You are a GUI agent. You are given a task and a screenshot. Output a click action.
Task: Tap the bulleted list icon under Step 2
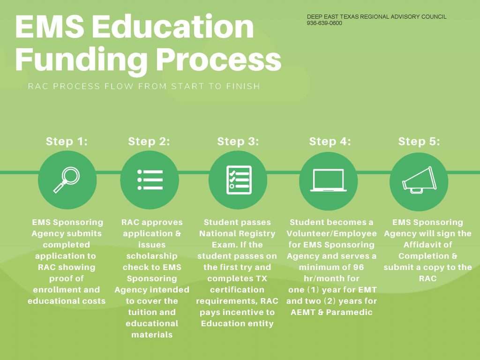tap(150, 180)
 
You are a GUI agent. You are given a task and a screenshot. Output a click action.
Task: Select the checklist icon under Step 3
tap(239, 180)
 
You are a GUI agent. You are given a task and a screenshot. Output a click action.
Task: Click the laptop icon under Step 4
tap(329, 180)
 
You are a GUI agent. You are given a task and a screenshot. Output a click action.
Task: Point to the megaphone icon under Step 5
tap(419, 180)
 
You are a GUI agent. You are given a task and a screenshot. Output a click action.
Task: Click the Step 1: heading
tap(67, 142)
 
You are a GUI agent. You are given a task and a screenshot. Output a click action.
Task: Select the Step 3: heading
tap(238, 142)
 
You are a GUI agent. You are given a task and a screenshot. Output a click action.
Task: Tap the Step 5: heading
tap(419, 142)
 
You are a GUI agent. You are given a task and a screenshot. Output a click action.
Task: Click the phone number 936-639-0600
tap(324, 23)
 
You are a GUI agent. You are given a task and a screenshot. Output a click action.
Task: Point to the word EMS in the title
tap(50, 26)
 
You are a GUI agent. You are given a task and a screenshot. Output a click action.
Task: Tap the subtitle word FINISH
tap(243, 86)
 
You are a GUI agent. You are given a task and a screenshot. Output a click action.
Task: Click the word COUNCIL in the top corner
tap(434, 17)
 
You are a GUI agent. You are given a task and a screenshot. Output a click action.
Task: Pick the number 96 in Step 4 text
tap(358, 267)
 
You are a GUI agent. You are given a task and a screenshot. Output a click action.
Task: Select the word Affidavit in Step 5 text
tap(427, 245)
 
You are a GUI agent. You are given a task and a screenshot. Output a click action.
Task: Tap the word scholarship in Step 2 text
tap(152, 256)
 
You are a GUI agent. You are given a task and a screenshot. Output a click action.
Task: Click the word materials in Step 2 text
tap(152, 335)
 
